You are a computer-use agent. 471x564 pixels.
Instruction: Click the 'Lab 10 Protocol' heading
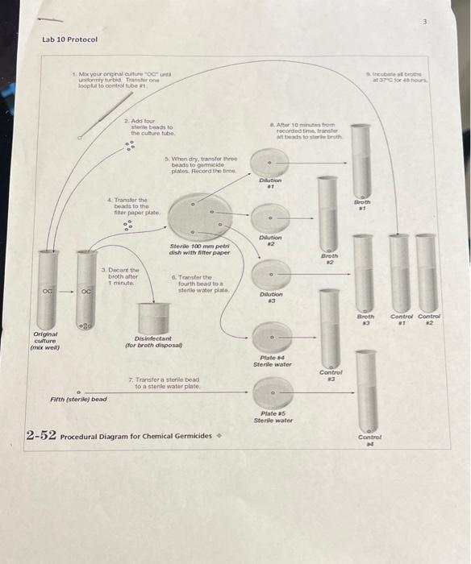pyautogui.click(x=69, y=39)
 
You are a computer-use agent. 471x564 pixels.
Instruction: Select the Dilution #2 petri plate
pyautogui.click(x=271, y=218)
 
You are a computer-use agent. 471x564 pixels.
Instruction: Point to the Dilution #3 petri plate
pyautogui.click(x=272, y=275)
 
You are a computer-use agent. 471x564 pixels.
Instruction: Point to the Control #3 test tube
pyautogui.click(x=326, y=330)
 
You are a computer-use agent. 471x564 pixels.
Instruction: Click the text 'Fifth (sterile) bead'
pyautogui.click(x=78, y=399)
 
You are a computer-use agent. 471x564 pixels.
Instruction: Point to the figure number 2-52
pyautogui.click(x=40, y=436)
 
